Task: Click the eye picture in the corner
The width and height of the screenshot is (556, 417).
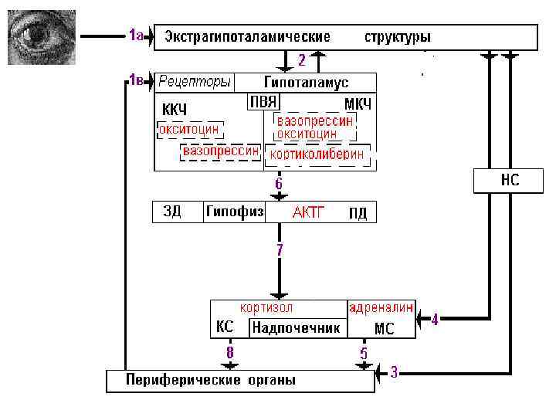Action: point(42,36)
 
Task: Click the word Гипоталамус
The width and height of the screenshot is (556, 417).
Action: point(306,82)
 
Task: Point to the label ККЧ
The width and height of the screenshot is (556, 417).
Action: point(175,108)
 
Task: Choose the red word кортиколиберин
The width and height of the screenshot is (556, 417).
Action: point(317,154)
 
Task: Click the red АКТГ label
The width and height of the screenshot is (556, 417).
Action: point(308,212)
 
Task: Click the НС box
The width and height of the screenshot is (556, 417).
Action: point(506,181)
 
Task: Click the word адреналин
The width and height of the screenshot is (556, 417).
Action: point(381,307)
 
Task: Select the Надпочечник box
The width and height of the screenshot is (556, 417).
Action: point(296,328)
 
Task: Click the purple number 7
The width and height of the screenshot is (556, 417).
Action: point(280,249)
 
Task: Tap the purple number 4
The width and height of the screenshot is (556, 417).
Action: point(435,318)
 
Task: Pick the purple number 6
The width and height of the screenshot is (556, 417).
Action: point(279,184)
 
